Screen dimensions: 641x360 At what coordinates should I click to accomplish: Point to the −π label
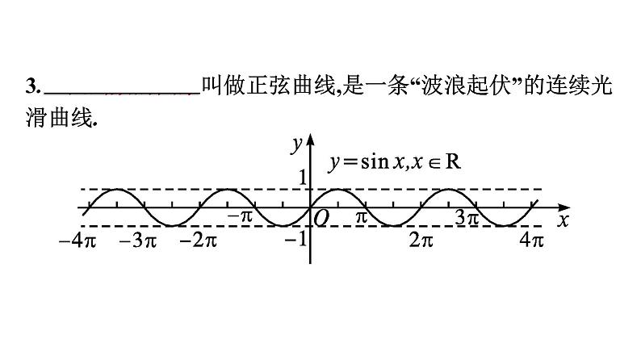[x=240, y=216]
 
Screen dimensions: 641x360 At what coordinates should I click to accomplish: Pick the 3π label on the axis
[x=467, y=217]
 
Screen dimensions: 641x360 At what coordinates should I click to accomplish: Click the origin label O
[x=321, y=217]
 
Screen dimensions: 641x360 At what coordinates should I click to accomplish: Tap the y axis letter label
[x=297, y=144]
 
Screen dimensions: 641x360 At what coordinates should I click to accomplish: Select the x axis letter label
[x=563, y=219]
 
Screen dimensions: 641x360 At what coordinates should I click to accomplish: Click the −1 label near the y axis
[x=298, y=238]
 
